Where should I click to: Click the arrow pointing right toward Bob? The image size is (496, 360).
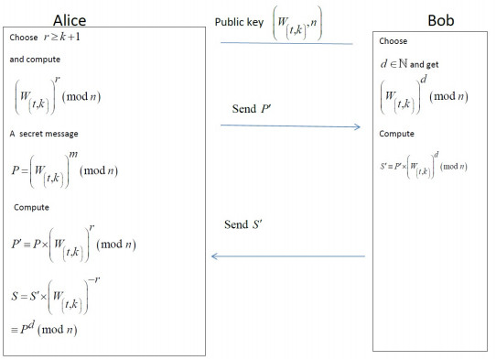point(289,126)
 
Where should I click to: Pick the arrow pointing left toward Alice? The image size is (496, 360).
point(288,256)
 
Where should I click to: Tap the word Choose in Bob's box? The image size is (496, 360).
point(393,41)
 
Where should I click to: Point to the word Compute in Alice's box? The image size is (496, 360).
point(32,207)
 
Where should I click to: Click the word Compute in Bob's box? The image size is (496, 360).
point(396,134)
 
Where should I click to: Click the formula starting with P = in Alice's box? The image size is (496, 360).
point(73,169)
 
